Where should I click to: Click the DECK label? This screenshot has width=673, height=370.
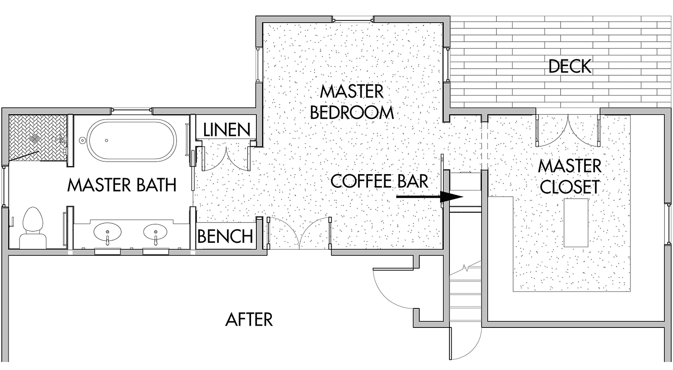pos(570,66)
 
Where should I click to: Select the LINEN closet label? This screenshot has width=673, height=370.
pos(227,130)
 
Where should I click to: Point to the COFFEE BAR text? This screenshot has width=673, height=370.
pos(379,181)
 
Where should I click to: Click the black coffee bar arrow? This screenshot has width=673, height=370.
pos(429,197)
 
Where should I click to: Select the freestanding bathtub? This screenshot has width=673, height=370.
pos(132,140)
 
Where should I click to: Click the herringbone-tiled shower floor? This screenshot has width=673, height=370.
pos(38,138)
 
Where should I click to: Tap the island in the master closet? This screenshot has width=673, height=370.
pos(576,223)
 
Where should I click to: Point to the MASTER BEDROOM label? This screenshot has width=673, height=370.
pos(352,102)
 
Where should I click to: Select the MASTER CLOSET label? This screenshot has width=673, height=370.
pos(570,176)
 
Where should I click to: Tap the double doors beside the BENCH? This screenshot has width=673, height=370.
pos(299,233)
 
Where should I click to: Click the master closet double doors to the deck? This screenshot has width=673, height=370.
pos(568,131)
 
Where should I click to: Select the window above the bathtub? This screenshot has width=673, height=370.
pos(132,111)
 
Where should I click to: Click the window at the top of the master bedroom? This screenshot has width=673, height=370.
pos(353,20)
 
